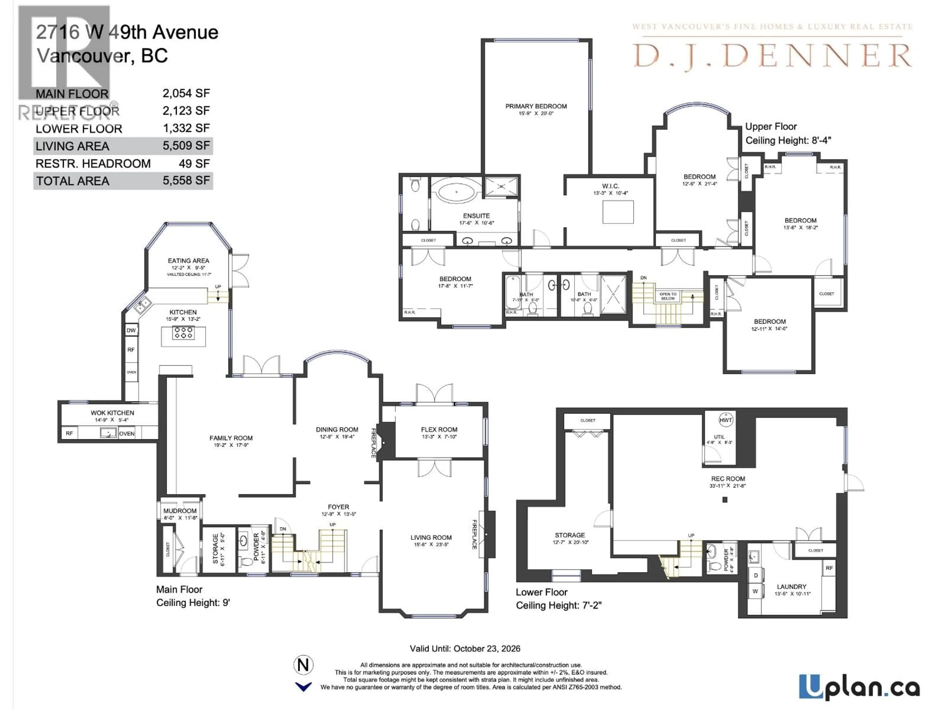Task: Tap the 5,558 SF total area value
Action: (x=186, y=181)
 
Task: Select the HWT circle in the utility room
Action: (x=726, y=420)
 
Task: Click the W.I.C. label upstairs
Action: (x=610, y=186)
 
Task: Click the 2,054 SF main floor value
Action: (x=186, y=93)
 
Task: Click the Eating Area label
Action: (x=188, y=261)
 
